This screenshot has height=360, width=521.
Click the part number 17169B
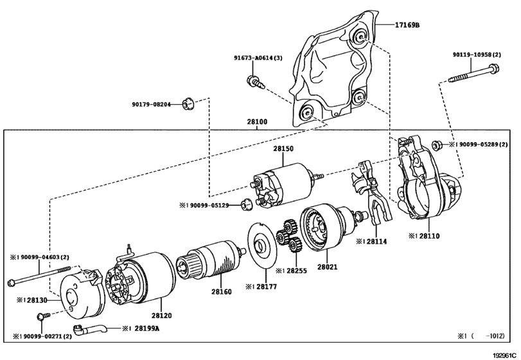(407, 25)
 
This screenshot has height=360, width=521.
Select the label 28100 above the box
(257, 122)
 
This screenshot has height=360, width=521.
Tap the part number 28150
(283, 148)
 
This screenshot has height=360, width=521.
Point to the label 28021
(327, 267)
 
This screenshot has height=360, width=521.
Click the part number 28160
(222, 292)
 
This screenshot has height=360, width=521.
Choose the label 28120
(161, 315)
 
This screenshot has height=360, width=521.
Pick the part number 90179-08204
(151, 104)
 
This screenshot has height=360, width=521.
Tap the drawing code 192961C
(506, 355)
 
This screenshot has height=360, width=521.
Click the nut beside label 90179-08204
(188, 104)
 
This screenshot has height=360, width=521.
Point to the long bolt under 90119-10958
(474, 74)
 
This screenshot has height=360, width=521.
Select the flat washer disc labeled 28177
(263, 246)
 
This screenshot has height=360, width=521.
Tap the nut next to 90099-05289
(437, 145)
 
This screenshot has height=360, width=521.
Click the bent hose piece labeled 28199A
(89, 330)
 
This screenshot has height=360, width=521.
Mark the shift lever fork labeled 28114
(371, 193)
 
